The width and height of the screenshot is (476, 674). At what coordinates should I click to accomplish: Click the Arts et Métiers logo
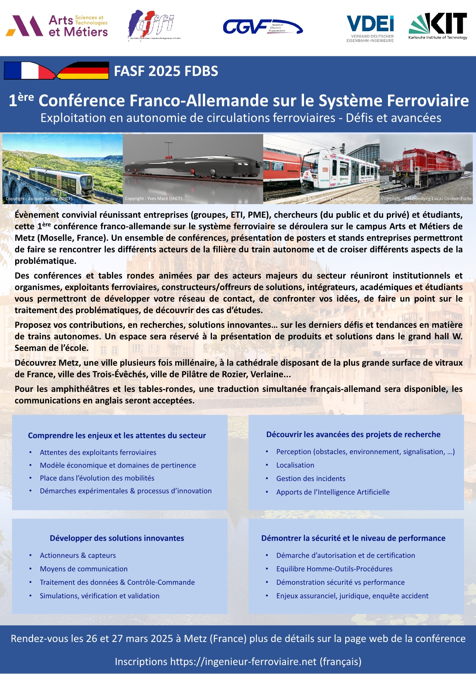57,26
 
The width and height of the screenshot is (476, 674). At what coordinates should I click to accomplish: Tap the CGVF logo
262,27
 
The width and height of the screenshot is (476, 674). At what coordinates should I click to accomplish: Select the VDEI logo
370,28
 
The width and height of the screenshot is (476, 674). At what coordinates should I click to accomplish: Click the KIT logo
438,26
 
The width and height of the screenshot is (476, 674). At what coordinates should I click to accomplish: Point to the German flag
83,70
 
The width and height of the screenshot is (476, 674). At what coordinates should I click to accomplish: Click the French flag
29,70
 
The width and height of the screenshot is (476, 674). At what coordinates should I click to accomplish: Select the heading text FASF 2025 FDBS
166,71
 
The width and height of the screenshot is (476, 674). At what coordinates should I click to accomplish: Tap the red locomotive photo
426,168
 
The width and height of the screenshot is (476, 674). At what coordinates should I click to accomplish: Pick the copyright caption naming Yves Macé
153,199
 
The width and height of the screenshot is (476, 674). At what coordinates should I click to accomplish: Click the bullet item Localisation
295,465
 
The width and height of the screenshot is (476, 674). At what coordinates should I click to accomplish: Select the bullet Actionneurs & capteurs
78,556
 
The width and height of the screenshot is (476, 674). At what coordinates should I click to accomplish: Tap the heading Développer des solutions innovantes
117,538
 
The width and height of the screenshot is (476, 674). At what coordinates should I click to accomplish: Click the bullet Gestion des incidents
311,479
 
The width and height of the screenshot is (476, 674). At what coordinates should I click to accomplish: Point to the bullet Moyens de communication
84,569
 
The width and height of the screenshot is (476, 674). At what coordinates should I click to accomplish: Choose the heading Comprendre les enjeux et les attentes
117,435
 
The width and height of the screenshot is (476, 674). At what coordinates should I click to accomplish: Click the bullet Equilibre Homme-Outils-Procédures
334,569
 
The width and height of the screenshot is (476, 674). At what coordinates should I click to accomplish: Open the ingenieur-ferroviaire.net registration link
243,662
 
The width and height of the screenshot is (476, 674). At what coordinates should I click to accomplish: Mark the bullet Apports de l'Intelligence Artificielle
333,492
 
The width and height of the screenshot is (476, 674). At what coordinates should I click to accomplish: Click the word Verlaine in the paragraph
267,375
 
